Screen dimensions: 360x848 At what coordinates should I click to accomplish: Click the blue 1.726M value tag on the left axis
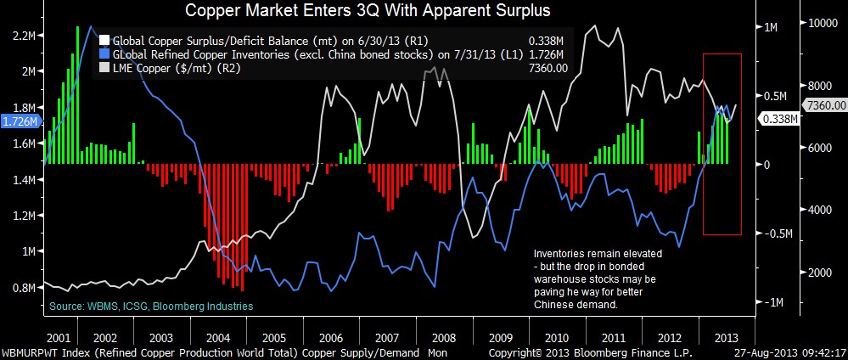(19, 122)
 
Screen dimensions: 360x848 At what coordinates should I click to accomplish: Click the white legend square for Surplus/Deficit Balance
(104, 39)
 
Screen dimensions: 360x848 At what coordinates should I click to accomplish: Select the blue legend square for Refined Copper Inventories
(104, 53)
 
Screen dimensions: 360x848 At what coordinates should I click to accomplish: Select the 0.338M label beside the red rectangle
(777, 119)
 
